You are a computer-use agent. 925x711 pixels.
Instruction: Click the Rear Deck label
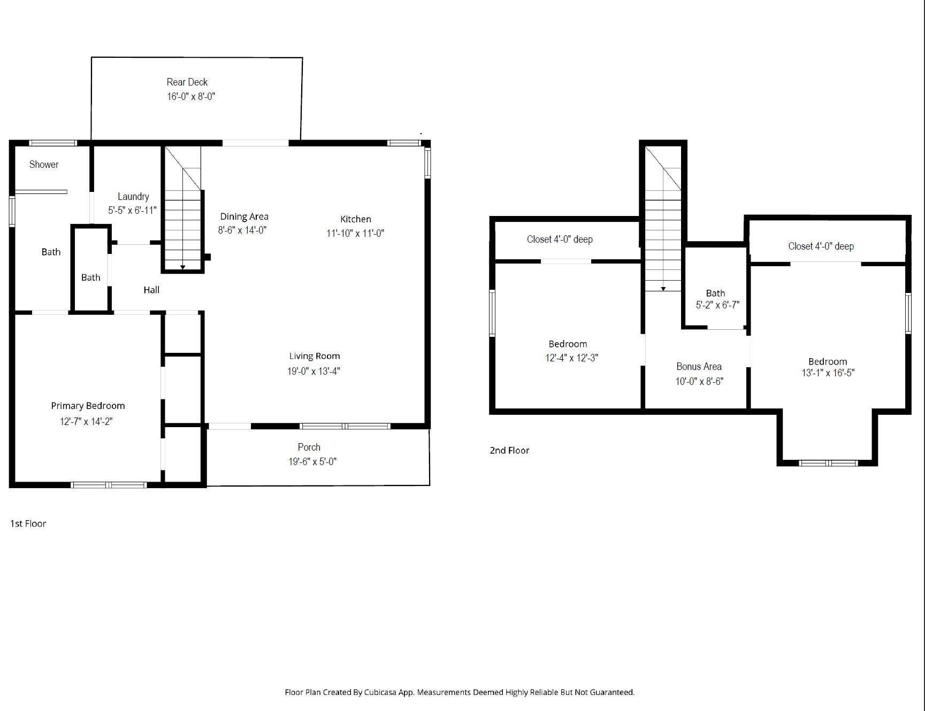tap(187, 82)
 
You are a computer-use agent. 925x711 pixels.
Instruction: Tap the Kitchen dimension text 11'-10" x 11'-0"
tap(355, 233)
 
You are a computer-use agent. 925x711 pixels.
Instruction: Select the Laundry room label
tap(133, 196)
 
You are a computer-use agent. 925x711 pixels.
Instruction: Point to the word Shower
tap(44, 164)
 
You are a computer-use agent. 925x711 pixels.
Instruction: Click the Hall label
tap(151, 290)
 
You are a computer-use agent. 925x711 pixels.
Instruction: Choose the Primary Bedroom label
tap(88, 406)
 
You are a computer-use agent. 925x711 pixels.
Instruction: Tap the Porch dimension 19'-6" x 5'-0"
tap(312, 461)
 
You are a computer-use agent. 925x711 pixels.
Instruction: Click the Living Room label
tap(315, 356)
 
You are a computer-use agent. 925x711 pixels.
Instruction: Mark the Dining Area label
tap(244, 217)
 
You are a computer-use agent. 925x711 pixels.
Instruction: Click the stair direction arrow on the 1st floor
tap(183, 267)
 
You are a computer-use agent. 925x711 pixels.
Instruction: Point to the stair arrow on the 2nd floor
tap(663, 289)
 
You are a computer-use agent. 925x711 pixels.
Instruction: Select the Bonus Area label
tap(699, 367)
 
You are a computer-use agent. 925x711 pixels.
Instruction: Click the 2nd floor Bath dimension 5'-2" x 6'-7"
tap(717, 305)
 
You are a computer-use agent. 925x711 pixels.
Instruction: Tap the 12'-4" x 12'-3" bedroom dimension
tap(571, 358)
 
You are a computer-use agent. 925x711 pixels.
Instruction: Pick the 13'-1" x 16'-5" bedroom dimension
tap(828, 373)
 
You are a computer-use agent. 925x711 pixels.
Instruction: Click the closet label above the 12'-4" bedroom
tap(560, 239)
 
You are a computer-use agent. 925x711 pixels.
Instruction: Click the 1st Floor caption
tap(28, 523)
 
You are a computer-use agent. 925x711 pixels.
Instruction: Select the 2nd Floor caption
tap(509, 450)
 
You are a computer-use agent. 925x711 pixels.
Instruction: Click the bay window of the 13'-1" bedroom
tap(828, 463)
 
